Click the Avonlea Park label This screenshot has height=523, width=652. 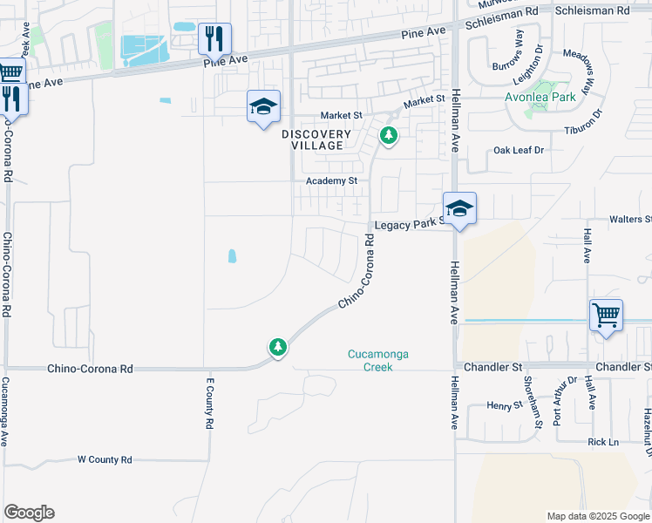point(540,98)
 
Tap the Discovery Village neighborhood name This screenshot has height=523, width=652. point(316,139)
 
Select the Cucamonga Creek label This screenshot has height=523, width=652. point(378,361)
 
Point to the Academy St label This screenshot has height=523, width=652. point(332,181)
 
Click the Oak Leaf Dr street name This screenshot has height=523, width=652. point(519,150)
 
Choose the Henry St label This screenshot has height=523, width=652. point(504,405)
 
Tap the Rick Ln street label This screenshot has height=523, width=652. point(603,442)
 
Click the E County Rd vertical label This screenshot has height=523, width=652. point(210,404)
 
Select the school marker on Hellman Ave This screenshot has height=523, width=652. point(459,208)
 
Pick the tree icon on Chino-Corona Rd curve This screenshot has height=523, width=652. point(278,348)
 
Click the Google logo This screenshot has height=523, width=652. point(29,513)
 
